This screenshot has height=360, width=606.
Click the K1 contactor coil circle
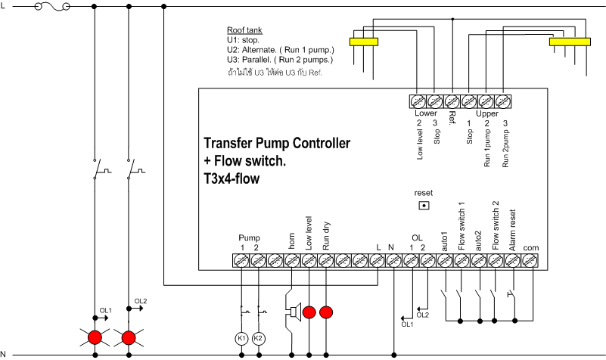pos(241,337)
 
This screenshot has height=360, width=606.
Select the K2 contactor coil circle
pos(259,337)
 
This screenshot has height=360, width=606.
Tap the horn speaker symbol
pos(291,312)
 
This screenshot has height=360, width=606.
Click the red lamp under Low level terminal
pos(309,312)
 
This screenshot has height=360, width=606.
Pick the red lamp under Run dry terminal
pos(326,312)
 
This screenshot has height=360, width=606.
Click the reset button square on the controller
pos(424,204)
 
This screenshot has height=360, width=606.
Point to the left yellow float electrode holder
pos(363,42)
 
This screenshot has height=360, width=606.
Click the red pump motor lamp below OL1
pos(95,337)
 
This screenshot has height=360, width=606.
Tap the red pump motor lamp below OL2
pos(129,337)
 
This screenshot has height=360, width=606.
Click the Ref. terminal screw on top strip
pos(452,101)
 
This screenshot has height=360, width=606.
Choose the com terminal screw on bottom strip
pos(530,260)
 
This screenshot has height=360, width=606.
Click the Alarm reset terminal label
pos(513,231)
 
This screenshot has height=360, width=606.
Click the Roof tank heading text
pos(244,30)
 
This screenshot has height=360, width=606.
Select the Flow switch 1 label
pos(461,226)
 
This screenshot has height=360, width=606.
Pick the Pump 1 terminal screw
pos(241,260)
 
